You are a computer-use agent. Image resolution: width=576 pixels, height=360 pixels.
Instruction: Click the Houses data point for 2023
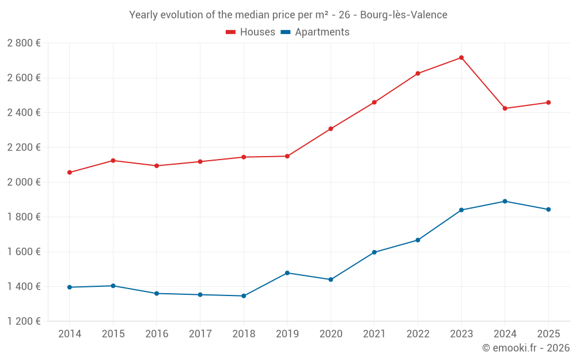[x=461, y=58]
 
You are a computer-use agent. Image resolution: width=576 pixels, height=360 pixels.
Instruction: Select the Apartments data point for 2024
[x=505, y=201]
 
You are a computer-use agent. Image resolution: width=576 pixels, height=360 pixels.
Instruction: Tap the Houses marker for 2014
[x=70, y=172]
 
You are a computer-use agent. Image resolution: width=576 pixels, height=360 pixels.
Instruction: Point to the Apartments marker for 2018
[x=244, y=296]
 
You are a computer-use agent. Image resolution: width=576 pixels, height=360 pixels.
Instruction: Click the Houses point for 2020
[x=331, y=128]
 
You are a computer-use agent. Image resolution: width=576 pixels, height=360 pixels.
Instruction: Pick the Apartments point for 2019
[x=287, y=272]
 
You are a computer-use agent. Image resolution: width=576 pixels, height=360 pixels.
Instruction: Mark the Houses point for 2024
[x=505, y=108]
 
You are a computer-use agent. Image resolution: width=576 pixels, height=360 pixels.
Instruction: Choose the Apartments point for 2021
[x=374, y=252]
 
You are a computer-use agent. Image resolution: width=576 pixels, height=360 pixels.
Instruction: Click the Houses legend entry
[x=251, y=32]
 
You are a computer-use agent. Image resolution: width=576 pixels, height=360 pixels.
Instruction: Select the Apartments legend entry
[x=315, y=32]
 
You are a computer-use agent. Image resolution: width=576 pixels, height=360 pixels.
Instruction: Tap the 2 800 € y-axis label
[x=24, y=43]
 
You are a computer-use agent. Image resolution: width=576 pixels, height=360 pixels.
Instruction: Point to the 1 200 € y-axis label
[x=24, y=321]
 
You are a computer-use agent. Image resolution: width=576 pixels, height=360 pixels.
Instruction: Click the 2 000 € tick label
[x=24, y=182]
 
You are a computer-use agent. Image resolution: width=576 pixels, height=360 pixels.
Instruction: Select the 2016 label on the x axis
[x=157, y=334]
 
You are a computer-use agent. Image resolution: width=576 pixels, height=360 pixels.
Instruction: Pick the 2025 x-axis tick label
[x=548, y=334]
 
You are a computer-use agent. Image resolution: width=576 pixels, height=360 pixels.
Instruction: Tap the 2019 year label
[x=287, y=334]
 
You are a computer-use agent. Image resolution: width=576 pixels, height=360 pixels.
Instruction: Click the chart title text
[x=288, y=15]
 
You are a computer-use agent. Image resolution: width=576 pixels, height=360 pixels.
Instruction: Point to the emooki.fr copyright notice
[x=525, y=348]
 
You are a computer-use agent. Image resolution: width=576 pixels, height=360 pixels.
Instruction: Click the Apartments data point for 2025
[x=548, y=210]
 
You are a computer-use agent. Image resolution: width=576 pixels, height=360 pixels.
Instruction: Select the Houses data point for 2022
[x=418, y=73]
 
